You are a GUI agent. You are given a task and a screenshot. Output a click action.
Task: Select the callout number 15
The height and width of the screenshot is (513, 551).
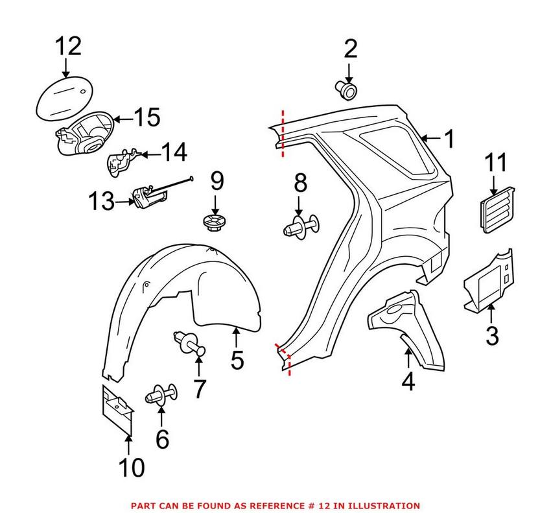point(147,118)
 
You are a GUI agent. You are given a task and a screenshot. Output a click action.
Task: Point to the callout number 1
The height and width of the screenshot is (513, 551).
point(448,139)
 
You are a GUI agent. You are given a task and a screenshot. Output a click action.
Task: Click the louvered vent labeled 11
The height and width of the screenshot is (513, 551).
point(498,209)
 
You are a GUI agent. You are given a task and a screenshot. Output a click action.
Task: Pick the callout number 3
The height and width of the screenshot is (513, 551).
point(492,335)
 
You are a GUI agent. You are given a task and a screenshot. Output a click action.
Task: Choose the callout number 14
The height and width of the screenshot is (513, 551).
point(174,153)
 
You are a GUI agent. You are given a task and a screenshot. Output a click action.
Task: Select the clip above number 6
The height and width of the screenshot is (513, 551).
point(162,394)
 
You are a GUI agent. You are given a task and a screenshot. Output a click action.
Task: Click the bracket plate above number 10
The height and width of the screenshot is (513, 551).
point(117,409)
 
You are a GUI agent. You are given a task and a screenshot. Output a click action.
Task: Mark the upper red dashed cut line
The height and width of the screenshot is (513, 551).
point(283,133)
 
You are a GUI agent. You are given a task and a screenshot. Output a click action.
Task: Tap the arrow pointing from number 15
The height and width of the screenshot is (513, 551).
point(123,119)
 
